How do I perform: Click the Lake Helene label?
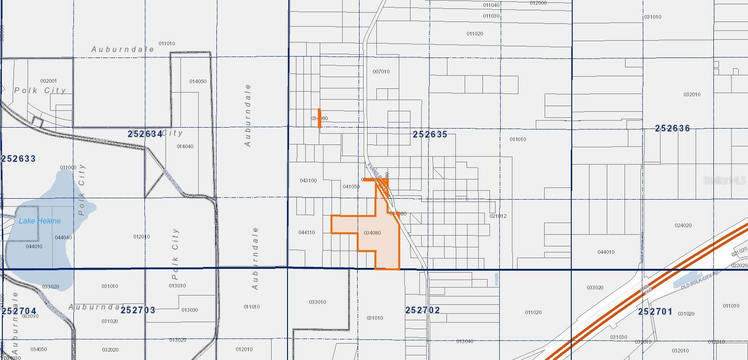click(x=40, y=221)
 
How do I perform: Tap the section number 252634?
click(x=145, y=134)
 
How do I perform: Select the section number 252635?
click(x=430, y=134)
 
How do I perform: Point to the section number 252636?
click(x=672, y=128)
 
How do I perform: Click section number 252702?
click(x=422, y=310)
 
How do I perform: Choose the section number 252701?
click(x=655, y=311)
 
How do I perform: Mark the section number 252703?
click(x=138, y=310)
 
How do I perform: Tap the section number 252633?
click(x=18, y=158)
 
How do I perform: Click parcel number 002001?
click(x=49, y=81)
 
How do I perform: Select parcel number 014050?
click(x=198, y=81)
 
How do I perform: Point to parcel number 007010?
click(x=381, y=72)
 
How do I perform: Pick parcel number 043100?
click(x=308, y=180)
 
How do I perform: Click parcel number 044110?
click(x=307, y=232)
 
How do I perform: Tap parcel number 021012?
click(x=498, y=216)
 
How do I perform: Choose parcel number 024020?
click(x=683, y=225)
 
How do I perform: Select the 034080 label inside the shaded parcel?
click(x=372, y=233)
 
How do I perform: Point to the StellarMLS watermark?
click(x=724, y=180)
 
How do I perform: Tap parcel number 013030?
click(x=190, y=310)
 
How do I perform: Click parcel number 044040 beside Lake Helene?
click(x=63, y=238)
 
